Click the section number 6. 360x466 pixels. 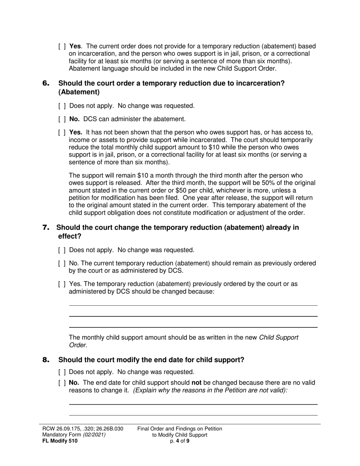tap(46, 83)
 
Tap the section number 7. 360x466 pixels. tap(46, 228)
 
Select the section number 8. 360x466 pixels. tap(46, 360)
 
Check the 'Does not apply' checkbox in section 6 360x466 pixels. tap(63, 106)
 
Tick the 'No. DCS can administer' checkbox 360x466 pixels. tap(63, 119)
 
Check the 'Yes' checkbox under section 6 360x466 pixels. tap(63, 133)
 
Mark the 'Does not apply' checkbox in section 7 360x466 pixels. tap(63, 250)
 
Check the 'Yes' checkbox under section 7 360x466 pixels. tap(63, 284)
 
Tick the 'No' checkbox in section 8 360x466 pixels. tap(63, 383)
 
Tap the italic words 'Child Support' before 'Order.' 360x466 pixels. tap(279, 338)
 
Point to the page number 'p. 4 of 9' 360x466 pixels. tap(180, 441)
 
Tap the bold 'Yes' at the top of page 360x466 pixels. tap(75, 47)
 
